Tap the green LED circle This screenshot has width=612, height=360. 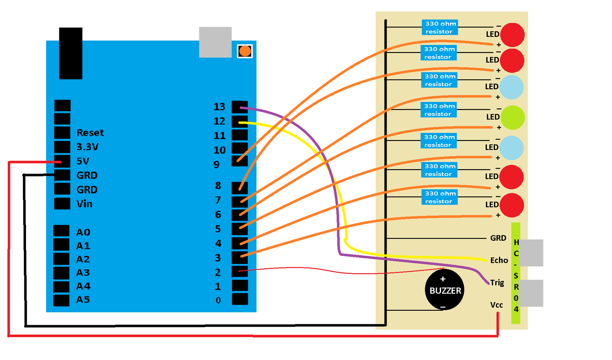pyautogui.click(x=512, y=117)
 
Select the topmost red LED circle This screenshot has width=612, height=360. pyautogui.click(x=512, y=35)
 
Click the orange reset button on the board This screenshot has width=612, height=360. pyautogui.click(x=245, y=51)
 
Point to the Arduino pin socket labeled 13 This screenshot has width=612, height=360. pyautogui.click(x=239, y=107)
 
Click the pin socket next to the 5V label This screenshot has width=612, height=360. pyautogui.click(x=62, y=161)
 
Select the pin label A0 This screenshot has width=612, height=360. pyautogui.click(x=83, y=232)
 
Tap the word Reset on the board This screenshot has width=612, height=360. pyautogui.click(x=90, y=133)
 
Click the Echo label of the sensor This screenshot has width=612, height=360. pyautogui.click(x=499, y=260)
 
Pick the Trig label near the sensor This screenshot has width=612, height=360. pyautogui.click(x=497, y=283)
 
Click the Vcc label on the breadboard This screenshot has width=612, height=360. pyautogui.click(x=496, y=305)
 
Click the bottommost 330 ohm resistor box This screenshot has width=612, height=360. pyautogui.click(x=439, y=197)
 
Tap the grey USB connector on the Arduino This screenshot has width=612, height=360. pyautogui.click(x=215, y=42)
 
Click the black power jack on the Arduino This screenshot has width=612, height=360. pyautogui.click(x=71, y=53)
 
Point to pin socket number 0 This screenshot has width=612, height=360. pyautogui.click(x=240, y=299)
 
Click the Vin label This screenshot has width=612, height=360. pyautogui.click(x=84, y=204)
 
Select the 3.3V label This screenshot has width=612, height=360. pyautogui.click(x=88, y=147)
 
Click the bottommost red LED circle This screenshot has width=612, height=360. pyautogui.click(x=511, y=205)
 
